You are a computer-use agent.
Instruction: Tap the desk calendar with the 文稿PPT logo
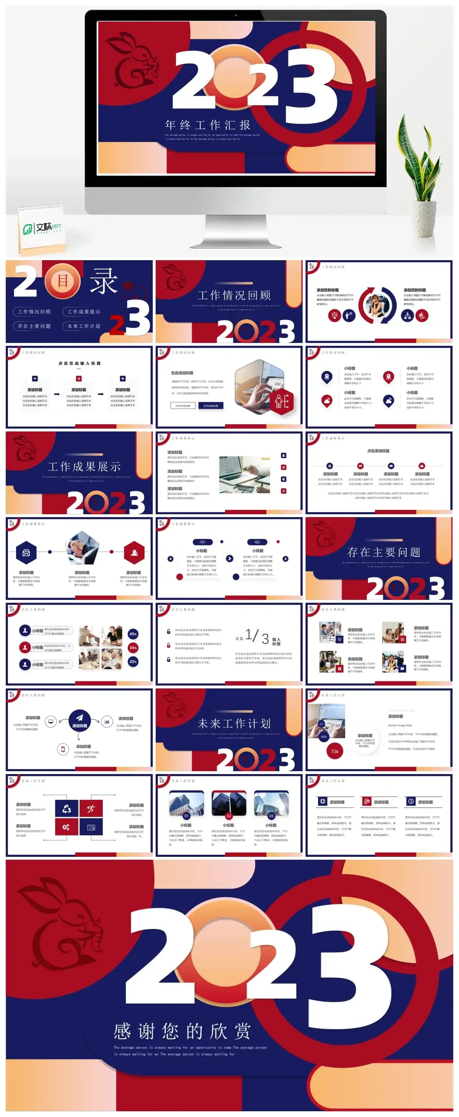[x=41, y=228]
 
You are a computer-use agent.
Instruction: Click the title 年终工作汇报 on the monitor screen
[x=208, y=125]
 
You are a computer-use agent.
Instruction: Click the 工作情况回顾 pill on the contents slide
[x=34, y=311]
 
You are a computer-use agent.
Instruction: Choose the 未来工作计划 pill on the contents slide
[x=84, y=326]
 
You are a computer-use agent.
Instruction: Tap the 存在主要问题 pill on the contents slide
[x=34, y=326]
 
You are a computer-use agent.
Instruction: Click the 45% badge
[x=133, y=634]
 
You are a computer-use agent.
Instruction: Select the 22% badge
[x=133, y=661]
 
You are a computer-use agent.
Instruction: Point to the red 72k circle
[x=335, y=751]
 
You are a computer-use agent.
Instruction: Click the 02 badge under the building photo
[x=229, y=816]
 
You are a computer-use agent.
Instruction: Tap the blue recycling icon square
[x=66, y=808]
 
